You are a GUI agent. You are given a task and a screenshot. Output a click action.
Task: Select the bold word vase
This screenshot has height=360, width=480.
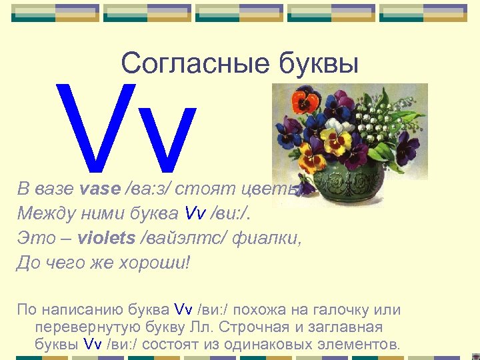pyautogui.click(x=99, y=189)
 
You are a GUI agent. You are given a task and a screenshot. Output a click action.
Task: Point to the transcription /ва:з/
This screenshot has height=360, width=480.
pyautogui.click(x=147, y=189)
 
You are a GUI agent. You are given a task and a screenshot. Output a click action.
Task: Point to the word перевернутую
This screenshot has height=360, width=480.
pyautogui.click(x=79, y=327)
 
